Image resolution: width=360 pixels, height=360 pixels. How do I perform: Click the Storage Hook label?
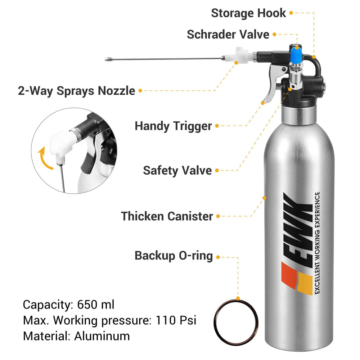tap(248, 13)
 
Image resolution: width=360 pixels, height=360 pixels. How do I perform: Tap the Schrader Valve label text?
tap(228, 35)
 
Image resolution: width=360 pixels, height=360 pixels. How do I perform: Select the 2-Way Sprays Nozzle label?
tap(76, 91)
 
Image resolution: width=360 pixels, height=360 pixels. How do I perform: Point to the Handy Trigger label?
tap(173, 126)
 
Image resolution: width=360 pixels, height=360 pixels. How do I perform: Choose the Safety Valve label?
tap(177, 170)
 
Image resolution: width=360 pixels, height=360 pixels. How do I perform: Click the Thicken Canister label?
tap(167, 216)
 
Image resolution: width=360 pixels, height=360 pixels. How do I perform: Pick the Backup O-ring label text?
tap(174, 256)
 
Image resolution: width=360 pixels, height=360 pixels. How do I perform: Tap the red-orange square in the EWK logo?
tap(289, 274)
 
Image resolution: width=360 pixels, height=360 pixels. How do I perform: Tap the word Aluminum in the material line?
tap(102, 336)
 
